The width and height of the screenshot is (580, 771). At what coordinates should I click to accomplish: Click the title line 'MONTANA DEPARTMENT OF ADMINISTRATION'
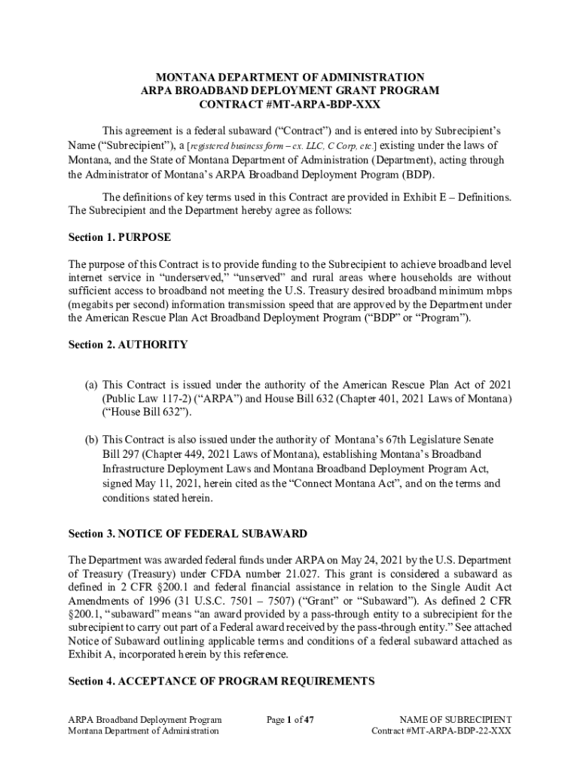pos(290,78)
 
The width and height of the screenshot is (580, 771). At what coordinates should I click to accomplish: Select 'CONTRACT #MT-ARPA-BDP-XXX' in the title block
pos(290,104)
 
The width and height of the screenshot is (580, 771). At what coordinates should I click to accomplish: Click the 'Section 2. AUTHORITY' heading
pos(128,344)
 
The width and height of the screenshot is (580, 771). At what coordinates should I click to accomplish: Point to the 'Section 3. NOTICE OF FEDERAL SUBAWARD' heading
pos(188,533)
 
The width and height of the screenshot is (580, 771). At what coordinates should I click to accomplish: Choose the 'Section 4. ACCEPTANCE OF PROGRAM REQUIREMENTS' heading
pos(221,681)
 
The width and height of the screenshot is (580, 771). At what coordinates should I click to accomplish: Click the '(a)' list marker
pos(90,385)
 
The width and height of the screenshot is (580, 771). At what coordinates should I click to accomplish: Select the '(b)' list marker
pos(90,439)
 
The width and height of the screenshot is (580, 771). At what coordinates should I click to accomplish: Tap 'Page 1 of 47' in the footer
pos(290,719)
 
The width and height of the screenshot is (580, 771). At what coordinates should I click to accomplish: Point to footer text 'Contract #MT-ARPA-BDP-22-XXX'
pos(441,731)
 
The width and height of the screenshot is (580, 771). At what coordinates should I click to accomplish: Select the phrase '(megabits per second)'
pos(120,305)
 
